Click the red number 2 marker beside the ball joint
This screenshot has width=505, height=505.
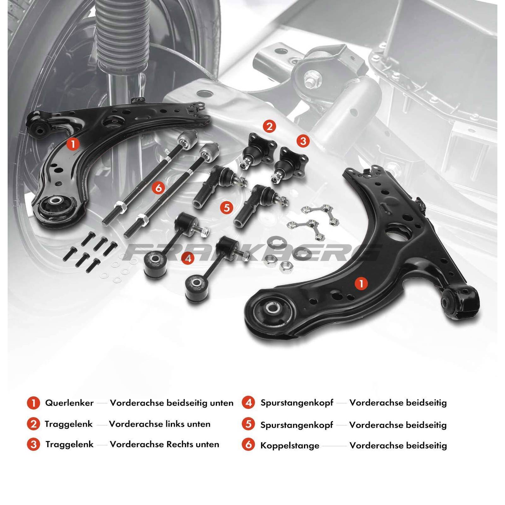269,127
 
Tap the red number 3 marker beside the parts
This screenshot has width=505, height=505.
303,141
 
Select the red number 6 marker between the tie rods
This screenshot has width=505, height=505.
158,188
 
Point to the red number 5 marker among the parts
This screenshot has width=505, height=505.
227,208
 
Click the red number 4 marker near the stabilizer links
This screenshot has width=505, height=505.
188,258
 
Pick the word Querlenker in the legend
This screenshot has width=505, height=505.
69,403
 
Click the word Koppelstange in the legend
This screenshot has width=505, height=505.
290,446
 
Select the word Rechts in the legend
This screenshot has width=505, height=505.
180,444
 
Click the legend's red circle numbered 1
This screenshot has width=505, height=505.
33,403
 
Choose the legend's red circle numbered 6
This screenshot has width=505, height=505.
248,445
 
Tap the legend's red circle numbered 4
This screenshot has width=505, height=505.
248,402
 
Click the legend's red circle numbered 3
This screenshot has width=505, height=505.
33,445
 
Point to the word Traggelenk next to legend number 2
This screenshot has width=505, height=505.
68,424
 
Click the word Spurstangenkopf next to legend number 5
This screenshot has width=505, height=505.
297,425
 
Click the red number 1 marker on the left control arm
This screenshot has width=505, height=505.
73,144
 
